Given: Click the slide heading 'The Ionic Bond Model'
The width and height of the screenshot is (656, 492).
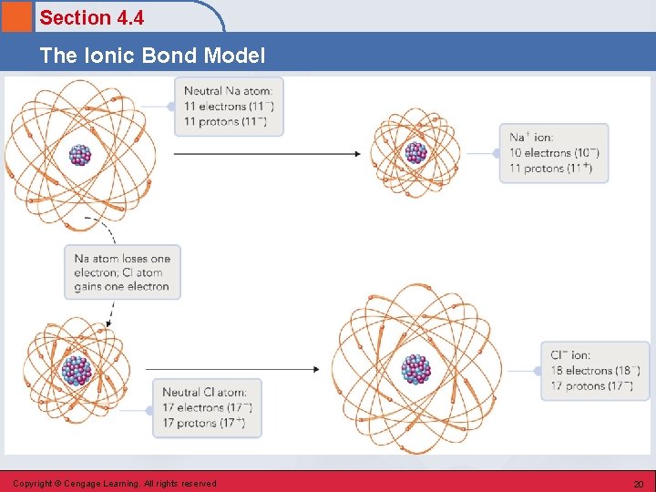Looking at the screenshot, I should (152, 56).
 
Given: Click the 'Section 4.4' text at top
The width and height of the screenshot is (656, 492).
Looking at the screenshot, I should (91, 17).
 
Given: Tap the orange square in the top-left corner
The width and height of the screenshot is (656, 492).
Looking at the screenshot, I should (16, 16).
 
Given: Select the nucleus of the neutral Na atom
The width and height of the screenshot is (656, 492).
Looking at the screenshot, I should (80, 154).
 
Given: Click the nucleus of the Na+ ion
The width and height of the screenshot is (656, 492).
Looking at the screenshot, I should (415, 152).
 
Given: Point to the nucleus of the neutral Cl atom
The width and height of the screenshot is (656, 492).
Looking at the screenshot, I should (77, 370).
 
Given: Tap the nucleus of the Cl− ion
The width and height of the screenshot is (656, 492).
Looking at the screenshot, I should (416, 369).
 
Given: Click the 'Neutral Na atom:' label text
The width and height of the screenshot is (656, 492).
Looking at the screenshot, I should (228, 91).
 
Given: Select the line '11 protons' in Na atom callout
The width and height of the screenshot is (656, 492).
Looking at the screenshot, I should (224, 121).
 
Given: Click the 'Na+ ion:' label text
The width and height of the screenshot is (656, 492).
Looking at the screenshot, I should (531, 138).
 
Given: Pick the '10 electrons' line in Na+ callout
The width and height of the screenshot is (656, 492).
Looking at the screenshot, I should (553, 153).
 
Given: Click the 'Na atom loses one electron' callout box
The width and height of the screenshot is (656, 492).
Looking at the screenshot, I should (122, 272).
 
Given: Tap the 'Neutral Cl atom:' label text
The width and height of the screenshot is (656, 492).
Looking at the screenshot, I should (206, 393).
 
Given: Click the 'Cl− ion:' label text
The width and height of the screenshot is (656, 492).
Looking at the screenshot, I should (570, 355).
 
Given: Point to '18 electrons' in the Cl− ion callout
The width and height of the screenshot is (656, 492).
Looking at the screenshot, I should (594, 371).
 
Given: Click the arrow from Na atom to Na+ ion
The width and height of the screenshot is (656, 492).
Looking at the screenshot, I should (266, 153).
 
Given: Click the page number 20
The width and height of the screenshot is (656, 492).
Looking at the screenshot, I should (638, 484).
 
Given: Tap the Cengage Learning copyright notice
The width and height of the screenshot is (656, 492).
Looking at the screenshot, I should (114, 484).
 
